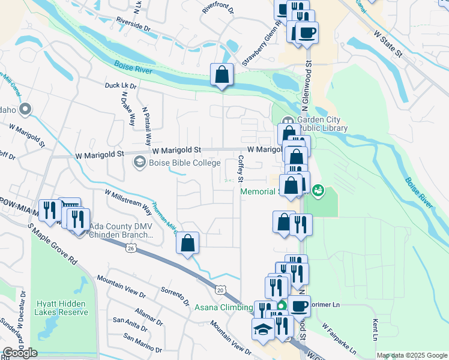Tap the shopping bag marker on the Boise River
coord(221,75)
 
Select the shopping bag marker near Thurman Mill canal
coord(188,244)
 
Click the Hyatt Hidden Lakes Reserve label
coord(61,308)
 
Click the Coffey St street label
coord(241,169)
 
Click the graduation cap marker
coord(262,329)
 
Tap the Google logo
coord(20,353)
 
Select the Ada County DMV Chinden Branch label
coord(121,231)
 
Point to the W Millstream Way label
coord(128,202)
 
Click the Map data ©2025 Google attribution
coord(412,355)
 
